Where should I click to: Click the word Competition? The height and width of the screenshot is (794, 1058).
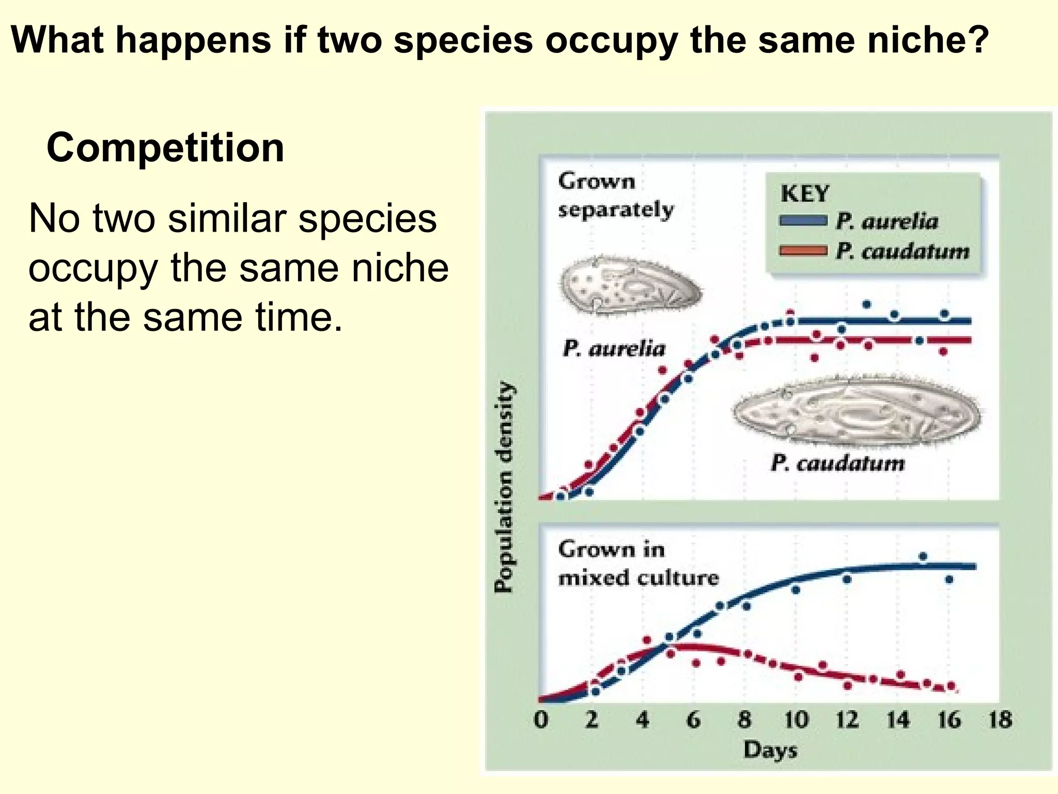(x=165, y=148)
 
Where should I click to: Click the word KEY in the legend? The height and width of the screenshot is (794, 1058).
(x=804, y=194)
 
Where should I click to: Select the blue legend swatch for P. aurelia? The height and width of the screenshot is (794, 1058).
(x=803, y=221)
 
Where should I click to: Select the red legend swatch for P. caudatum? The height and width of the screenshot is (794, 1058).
(x=803, y=251)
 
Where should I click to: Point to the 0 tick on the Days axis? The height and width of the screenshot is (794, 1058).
(x=540, y=720)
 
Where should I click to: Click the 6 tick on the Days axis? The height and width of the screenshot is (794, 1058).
(x=693, y=720)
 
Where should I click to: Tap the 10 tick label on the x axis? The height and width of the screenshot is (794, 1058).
(x=796, y=720)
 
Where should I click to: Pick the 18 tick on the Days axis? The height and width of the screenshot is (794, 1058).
(x=1000, y=720)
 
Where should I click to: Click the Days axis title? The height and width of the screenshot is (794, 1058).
(x=770, y=750)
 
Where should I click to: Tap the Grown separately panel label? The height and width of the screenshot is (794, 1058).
(x=615, y=195)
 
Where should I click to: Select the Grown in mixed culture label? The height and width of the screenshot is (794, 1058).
(x=637, y=563)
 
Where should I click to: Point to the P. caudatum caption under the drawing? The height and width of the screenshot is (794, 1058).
(x=837, y=463)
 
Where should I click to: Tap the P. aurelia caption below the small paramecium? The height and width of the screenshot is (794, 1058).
(x=614, y=348)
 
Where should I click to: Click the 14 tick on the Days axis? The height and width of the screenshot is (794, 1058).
(x=898, y=720)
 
